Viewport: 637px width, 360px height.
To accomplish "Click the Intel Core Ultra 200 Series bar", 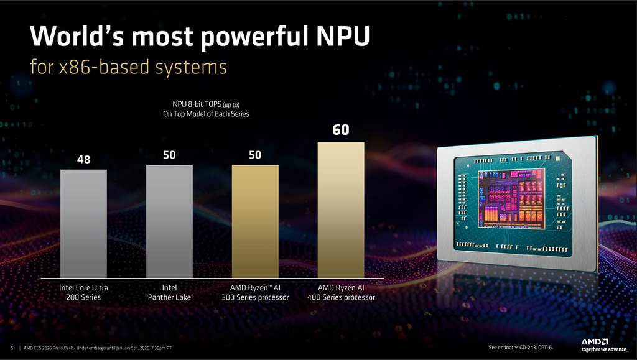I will click(x=83, y=224).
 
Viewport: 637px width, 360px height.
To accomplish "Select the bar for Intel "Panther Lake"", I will click(x=169, y=221).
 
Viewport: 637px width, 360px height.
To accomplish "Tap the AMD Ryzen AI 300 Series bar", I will click(x=255, y=221).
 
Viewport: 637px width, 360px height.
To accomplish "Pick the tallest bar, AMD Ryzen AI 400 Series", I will click(x=341, y=210).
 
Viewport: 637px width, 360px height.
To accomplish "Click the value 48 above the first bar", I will click(x=84, y=160).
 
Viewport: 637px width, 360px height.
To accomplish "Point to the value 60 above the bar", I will click(x=341, y=130).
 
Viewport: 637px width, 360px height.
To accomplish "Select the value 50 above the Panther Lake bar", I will click(x=169, y=154).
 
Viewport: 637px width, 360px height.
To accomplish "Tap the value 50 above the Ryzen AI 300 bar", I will click(x=255, y=154).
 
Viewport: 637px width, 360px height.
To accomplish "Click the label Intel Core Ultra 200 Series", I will click(x=84, y=293).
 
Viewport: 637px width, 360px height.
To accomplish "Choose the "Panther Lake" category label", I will click(x=169, y=293).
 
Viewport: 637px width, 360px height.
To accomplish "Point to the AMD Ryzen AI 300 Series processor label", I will click(x=255, y=293).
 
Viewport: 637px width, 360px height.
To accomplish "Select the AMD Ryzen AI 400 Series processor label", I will click(x=341, y=293).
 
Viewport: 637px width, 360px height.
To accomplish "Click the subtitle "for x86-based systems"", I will click(x=128, y=67).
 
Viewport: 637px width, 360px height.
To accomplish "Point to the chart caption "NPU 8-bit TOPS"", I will click(x=205, y=104).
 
